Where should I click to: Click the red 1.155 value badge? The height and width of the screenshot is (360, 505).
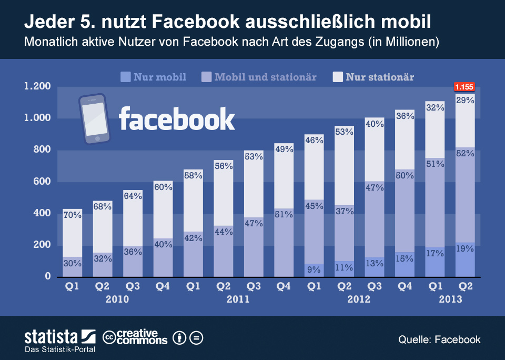tap(464, 87)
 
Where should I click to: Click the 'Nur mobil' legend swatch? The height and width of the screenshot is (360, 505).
tap(125, 77)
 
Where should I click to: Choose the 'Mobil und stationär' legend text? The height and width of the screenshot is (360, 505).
tap(266, 77)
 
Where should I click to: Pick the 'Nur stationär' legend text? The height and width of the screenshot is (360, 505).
tap(380, 77)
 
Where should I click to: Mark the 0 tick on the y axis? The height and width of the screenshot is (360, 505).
tap(47, 276)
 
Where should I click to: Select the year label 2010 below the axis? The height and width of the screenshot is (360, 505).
tap(117, 299)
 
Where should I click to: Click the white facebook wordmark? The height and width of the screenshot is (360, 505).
tap(177, 118)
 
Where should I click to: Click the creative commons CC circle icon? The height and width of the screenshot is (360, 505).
tap(109, 337)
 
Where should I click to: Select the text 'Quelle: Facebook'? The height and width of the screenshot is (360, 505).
tap(439, 339)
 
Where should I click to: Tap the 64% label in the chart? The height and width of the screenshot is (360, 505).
tap(132, 196)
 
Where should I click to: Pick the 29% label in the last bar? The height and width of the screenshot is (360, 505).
tap(465, 100)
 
